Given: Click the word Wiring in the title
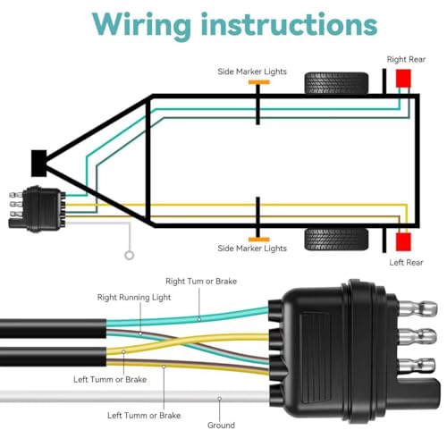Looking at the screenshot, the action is click(141, 26).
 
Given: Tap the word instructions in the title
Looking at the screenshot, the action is click(290, 24).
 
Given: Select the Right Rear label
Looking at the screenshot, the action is click(406, 59).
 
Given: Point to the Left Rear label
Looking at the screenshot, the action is click(406, 263).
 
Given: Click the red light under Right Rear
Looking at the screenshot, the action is click(403, 78).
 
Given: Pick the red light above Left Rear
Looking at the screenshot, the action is click(403, 241).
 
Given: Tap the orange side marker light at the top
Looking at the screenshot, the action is click(259, 82).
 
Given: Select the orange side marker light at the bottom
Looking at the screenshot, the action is click(259, 240).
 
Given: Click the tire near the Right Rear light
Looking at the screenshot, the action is click(336, 83).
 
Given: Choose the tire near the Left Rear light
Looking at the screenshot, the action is click(336, 240).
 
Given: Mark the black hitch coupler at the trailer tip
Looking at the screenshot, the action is click(39, 164).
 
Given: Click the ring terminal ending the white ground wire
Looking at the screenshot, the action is click(130, 256).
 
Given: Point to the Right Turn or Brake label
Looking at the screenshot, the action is click(201, 282).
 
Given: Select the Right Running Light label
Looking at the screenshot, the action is click(134, 298).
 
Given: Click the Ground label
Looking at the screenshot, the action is click(221, 426).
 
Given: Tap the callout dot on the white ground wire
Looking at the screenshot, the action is click(219, 399).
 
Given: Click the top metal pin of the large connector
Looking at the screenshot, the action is click(417, 308).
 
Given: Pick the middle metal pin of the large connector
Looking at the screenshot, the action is click(417, 336).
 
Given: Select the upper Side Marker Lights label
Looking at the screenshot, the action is click(252, 72).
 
